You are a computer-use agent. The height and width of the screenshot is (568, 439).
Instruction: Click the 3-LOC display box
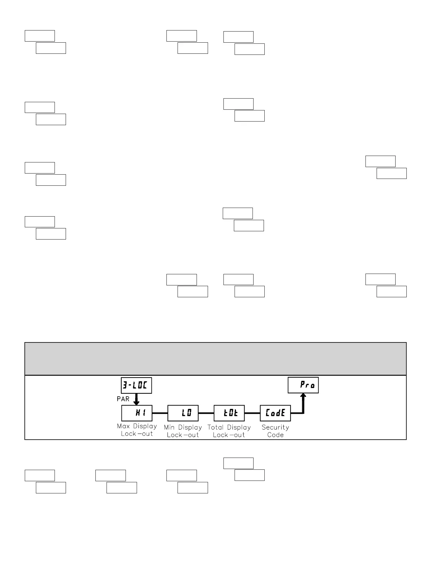point(136,385)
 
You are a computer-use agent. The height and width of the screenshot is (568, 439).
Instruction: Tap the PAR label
point(123,399)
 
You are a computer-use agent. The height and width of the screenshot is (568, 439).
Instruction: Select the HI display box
point(137,413)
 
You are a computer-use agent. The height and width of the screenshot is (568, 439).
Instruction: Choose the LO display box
point(183,413)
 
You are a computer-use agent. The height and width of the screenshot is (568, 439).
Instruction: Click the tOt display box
point(229,413)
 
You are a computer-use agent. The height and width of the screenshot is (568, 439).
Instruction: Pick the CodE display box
point(275,413)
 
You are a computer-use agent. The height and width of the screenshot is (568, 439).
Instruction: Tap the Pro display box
point(303,385)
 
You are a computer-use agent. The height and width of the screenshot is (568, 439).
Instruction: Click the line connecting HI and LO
point(160,413)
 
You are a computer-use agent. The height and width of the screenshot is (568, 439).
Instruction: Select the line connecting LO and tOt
point(206,413)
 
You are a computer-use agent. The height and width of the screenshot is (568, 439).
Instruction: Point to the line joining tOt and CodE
point(252,413)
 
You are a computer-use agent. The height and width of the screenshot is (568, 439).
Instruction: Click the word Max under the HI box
point(123,426)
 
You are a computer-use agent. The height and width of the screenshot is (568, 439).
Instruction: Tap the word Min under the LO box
point(169,427)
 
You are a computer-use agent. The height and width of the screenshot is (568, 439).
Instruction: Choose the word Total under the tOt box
point(216,427)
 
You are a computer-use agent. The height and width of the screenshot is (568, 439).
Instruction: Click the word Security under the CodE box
point(275,427)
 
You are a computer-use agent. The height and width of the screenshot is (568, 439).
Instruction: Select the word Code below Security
point(275,435)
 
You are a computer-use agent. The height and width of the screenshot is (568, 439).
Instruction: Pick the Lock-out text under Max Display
point(137,434)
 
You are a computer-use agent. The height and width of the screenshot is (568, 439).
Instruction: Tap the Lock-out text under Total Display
point(229,435)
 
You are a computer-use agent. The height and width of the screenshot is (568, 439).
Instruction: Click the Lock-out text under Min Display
point(183,435)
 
